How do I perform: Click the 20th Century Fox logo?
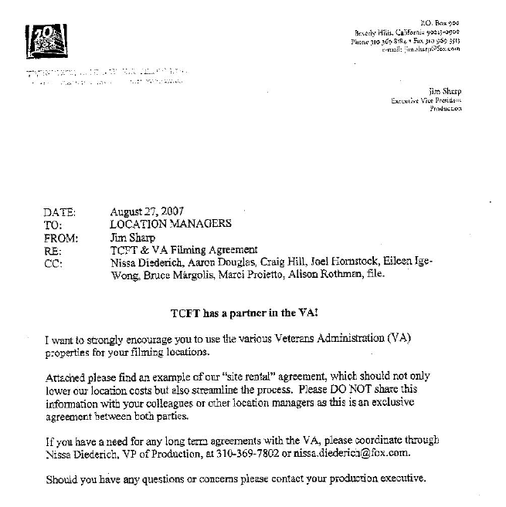tap(46, 41)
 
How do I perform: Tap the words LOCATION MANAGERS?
tap(170, 224)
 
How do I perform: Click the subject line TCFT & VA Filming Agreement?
tap(179, 249)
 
